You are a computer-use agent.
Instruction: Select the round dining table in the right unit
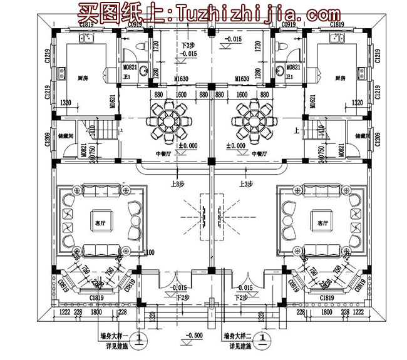click(253, 120)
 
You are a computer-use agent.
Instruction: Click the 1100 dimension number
click(148, 252)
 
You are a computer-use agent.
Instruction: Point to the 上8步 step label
click(177, 184)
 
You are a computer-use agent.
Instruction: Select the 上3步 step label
click(245, 184)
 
